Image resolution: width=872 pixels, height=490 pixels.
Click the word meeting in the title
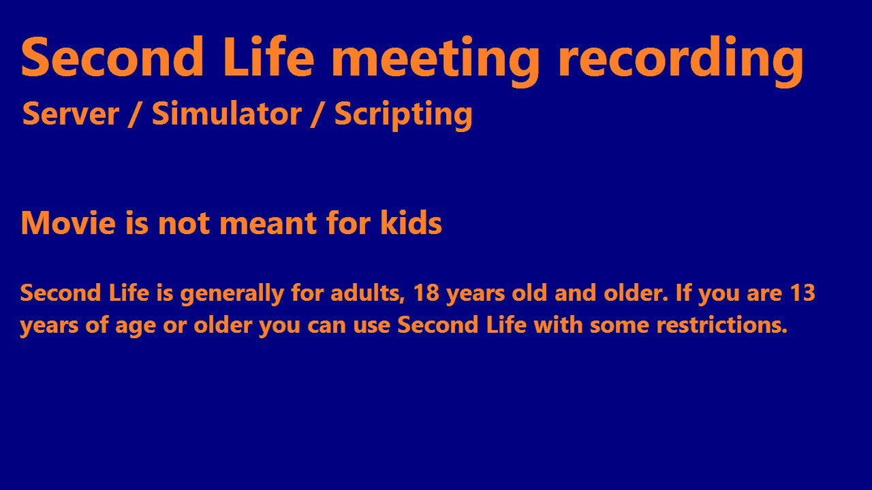[436, 58]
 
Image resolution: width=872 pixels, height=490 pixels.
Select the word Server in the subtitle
[71, 114]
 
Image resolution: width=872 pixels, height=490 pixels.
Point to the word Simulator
[227, 114]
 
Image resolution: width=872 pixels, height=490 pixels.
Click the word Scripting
[403, 115]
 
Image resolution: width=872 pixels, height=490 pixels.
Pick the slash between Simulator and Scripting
[317, 114]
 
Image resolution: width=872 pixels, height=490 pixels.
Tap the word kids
[411, 223]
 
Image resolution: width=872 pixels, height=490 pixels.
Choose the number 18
[426, 294]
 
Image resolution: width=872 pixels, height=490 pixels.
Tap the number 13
[802, 294]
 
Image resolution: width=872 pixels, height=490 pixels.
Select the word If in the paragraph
[683, 294]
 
